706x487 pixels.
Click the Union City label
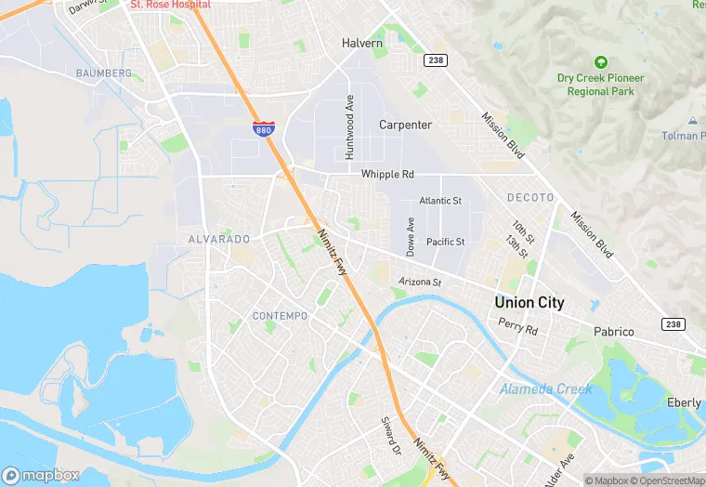[x=529, y=303]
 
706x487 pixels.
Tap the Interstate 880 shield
[x=263, y=130]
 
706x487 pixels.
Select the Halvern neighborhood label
[x=362, y=43]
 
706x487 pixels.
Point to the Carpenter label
[x=405, y=125]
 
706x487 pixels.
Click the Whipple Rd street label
[x=387, y=174]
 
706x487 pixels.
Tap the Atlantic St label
[x=440, y=201]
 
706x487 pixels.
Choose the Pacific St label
[x=445, y=242]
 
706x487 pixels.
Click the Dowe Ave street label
[x=410, y=237]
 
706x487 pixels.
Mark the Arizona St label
[x=419, y=281]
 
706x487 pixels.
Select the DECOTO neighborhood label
[x=530, y=198]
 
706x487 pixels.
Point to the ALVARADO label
[x=219, y=239]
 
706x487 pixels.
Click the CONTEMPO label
[x=280, y=316]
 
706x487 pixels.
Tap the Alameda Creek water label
[x=545, y=389]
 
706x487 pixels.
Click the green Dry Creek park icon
[x=600, y=62]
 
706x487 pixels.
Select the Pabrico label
[x=614, y=332]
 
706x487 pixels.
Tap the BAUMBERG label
[x=104, y=72]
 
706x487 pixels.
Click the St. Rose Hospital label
[x=170, y=5]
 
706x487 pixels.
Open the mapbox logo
[x=41, y=475]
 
